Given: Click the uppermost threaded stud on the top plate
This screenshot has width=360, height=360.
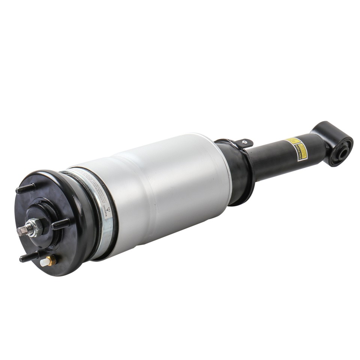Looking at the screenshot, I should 25,189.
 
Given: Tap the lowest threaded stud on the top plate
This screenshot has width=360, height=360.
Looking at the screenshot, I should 29,257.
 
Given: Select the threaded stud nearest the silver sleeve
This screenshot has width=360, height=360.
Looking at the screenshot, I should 60,224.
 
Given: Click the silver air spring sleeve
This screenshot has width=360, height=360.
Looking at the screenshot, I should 169,187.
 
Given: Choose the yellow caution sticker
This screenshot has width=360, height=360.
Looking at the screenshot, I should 297,149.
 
